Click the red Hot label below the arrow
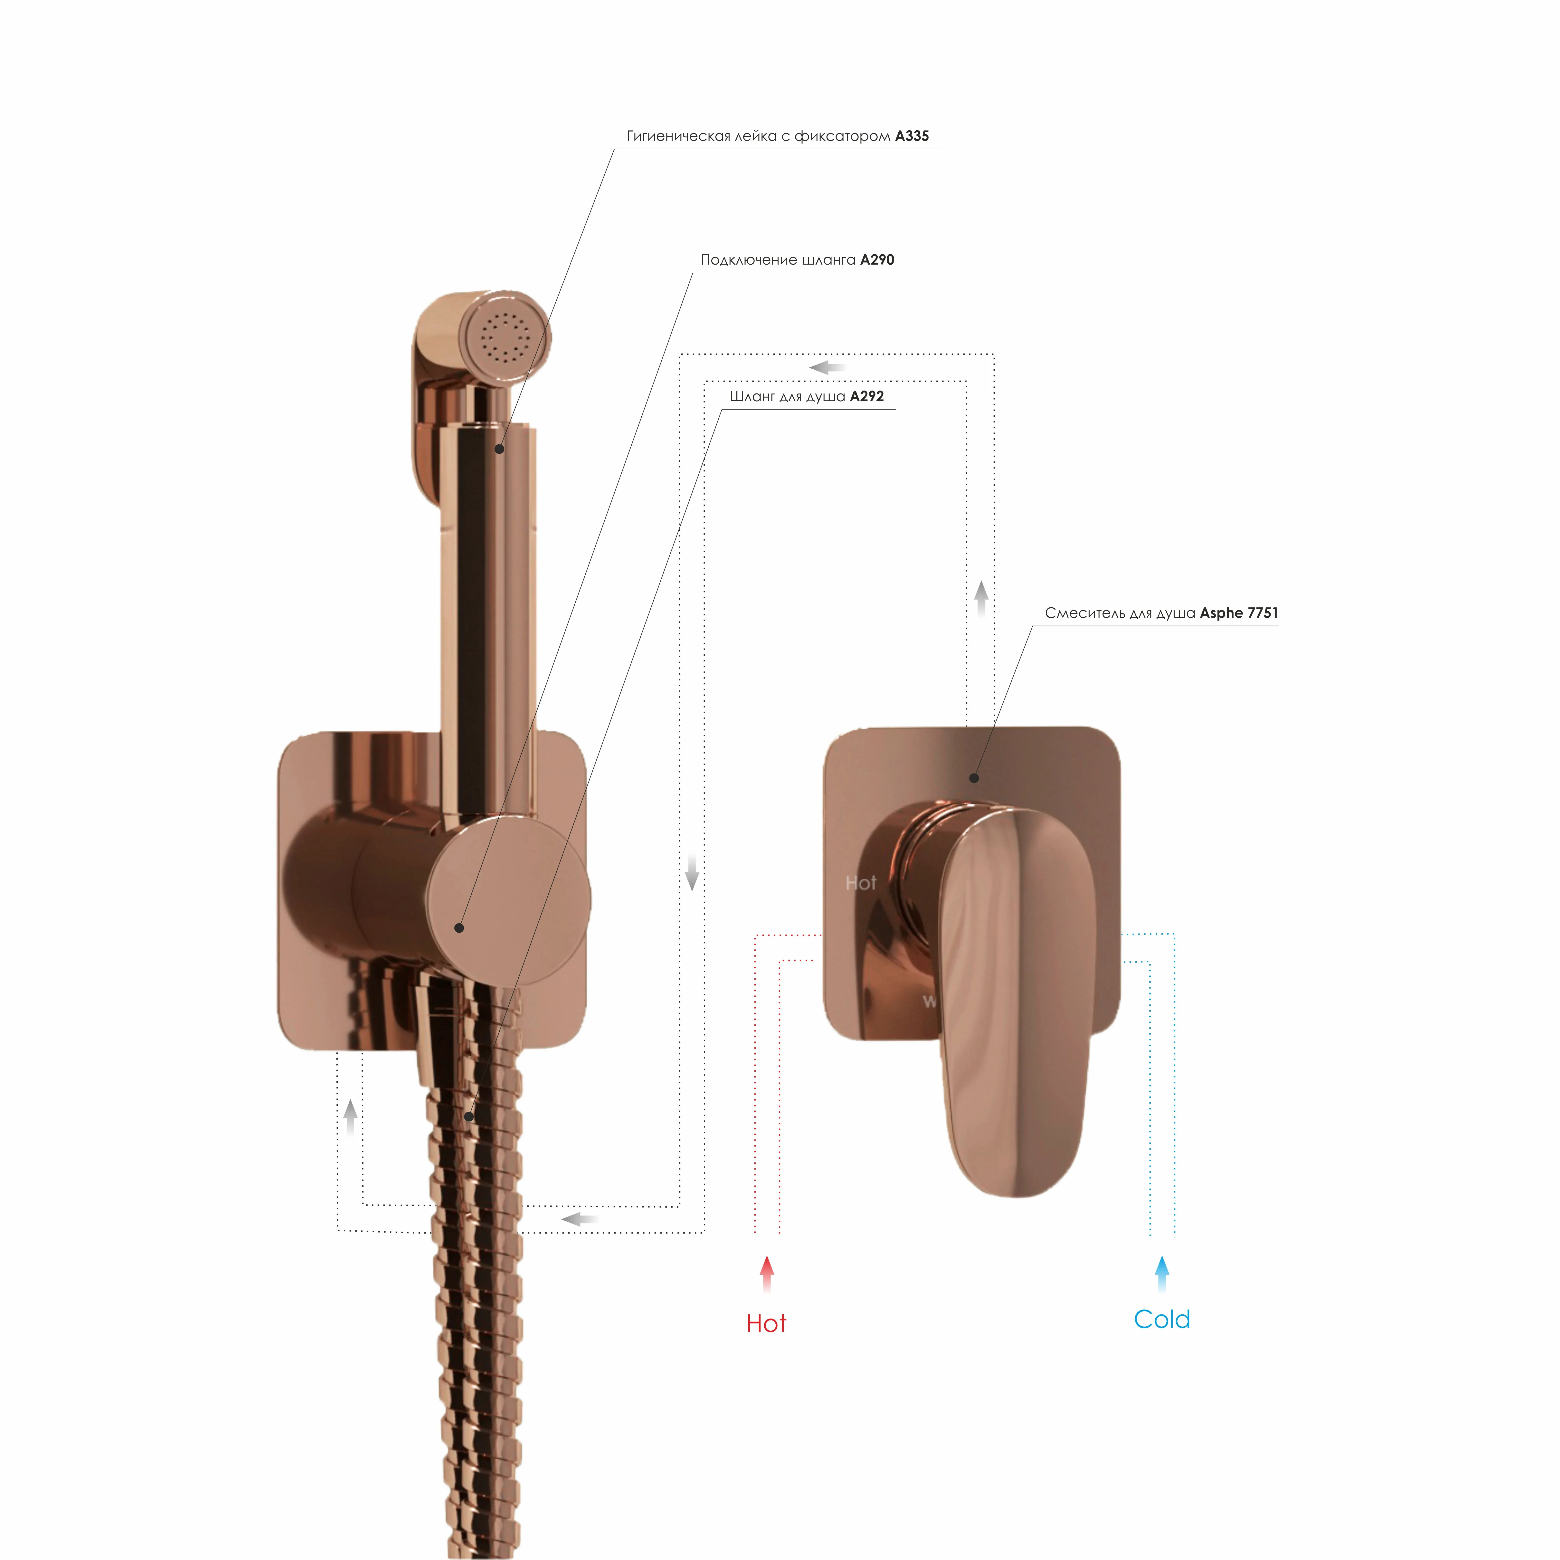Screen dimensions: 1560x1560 [766, 1323]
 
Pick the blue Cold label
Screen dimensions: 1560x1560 [1162, 1319]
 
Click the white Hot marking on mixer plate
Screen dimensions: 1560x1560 [861, 883]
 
